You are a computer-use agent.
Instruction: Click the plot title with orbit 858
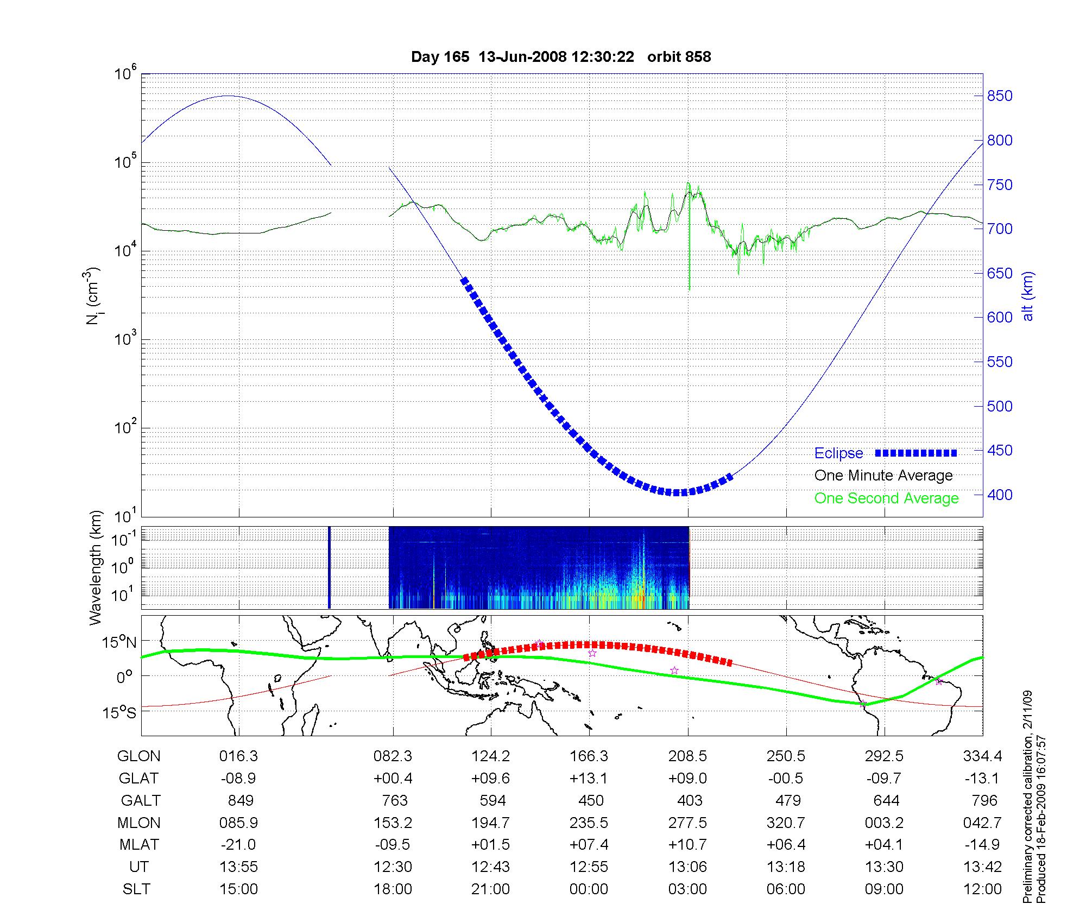pos(561,57)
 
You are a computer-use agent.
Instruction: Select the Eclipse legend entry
pos(839,453)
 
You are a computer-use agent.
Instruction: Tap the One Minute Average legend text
pos(883,476)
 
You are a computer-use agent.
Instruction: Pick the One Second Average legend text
pos(886,498)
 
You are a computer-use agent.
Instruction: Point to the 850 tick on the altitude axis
pos(1000,96)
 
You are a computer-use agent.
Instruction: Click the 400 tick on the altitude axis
pos(1000,495)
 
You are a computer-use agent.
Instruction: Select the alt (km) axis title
pos(1028,296)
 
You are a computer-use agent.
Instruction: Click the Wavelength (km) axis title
pos(96,567)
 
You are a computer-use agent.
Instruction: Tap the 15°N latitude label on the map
pos(118,642)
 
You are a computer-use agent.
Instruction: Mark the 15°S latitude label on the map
pos(118,712)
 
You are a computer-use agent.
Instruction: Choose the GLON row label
pos(138,756)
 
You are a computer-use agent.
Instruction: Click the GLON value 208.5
pos(687,756)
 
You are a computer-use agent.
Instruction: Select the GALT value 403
pos(690,801)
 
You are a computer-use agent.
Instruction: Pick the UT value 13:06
pos(687,867)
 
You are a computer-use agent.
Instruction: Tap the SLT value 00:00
pos(589,889)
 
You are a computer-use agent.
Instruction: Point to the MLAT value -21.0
pos(238,845)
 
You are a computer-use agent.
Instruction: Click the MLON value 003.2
pos(884,823)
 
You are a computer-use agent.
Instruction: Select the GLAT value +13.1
pos(589,779)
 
